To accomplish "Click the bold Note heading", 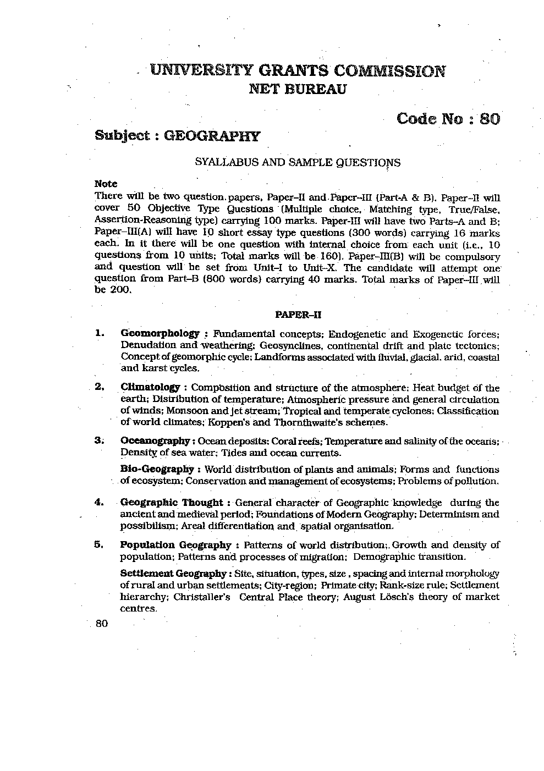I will [x=106, y=184].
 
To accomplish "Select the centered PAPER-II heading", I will [x=298, y=315].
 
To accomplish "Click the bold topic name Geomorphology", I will [x=160, y=333].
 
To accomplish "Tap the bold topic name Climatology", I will [x=150, y=387].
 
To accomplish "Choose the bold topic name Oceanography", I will [x=155, y=441].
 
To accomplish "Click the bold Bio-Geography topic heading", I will [x=157, y=469].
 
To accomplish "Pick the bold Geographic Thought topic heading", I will [x=171, y=502].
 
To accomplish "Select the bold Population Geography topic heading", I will [x=175, y=545].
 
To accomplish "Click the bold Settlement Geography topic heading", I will [x=173, y=574].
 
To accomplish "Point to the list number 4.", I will [x=99, y=502].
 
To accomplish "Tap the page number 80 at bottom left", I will [x=101, y=624].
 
